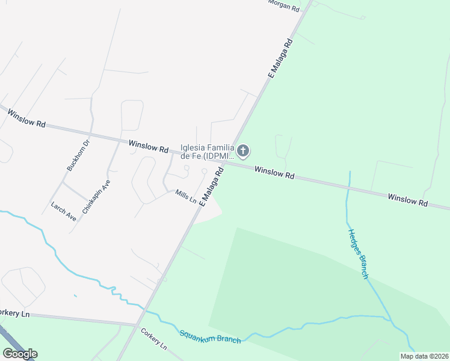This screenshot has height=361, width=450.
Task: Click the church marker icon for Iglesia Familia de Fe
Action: [243, 150]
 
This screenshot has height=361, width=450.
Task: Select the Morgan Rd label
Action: [283, 6]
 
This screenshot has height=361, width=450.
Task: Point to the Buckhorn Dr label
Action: [78, 156]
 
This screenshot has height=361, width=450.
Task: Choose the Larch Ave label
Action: [64, 211]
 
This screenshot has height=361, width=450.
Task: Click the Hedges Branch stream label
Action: [357, 253]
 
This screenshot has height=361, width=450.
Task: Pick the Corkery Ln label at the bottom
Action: [154, 341]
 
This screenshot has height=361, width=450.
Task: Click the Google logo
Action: [20, 353]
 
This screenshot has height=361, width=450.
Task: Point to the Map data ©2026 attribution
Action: [424, 356]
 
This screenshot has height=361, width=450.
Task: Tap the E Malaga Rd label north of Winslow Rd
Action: [280, 58]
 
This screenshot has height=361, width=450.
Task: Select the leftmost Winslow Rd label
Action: [23, 118]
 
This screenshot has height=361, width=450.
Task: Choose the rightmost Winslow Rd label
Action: [407, 200]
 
